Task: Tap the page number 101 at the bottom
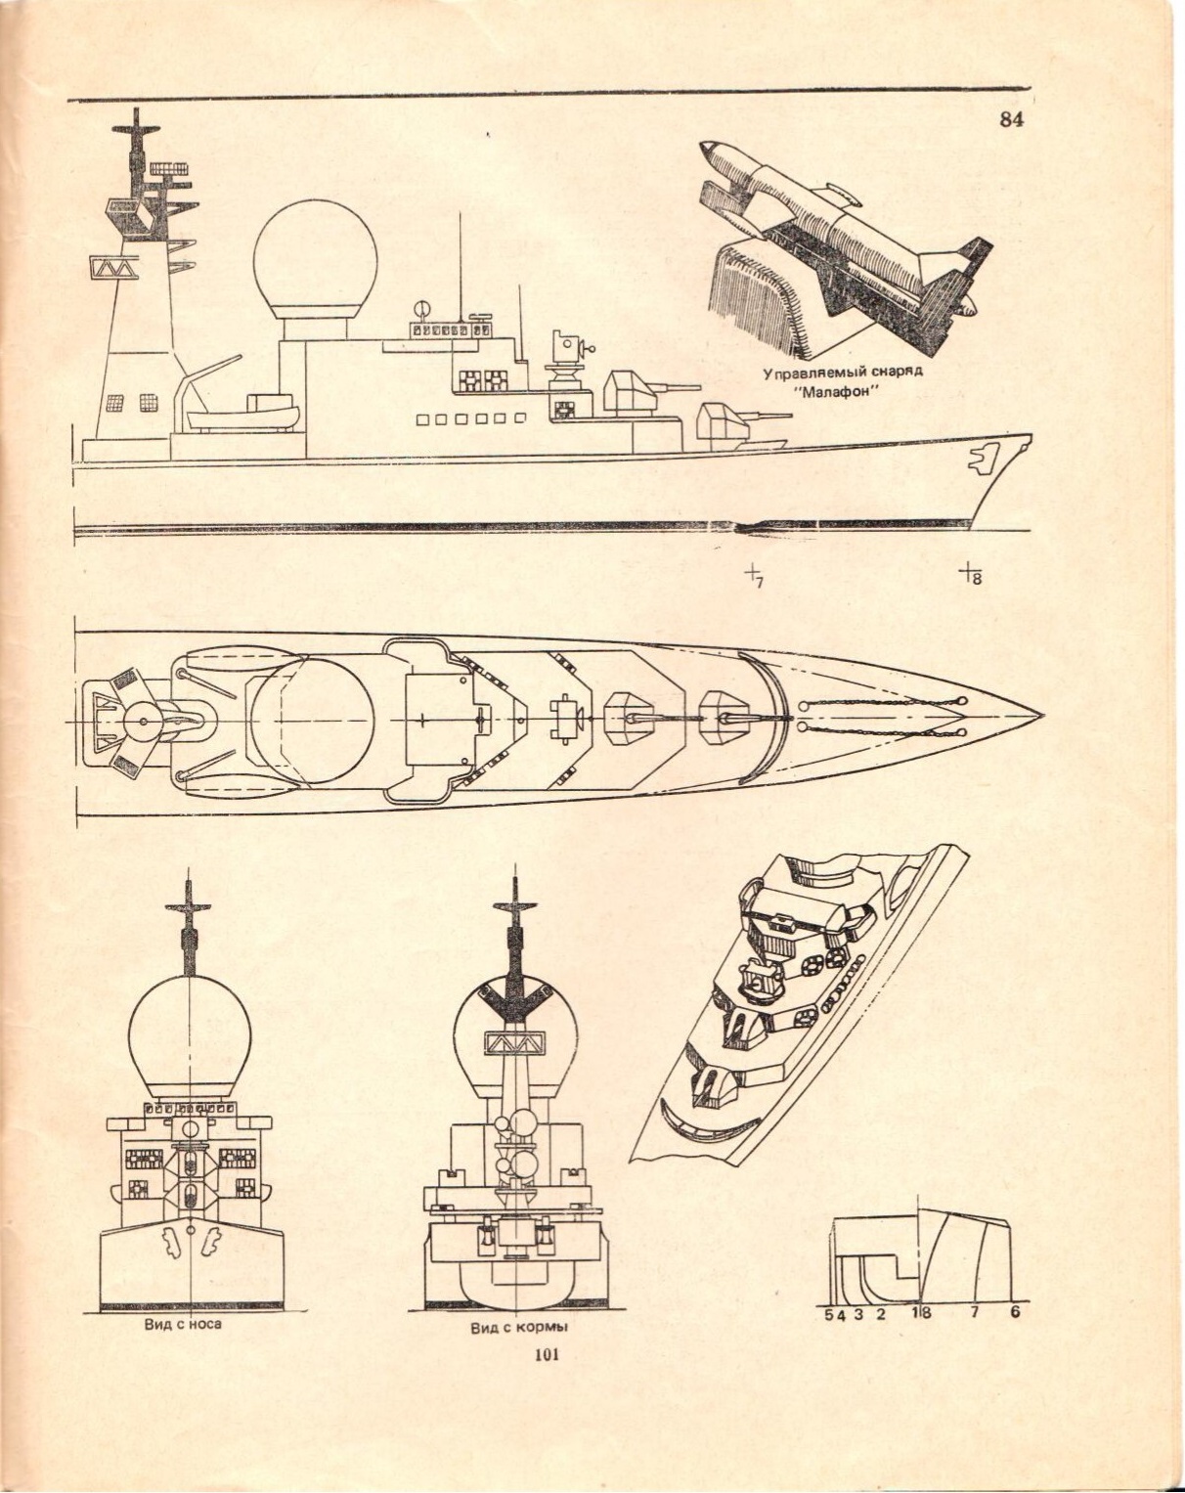546,1354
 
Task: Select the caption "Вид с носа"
183,1324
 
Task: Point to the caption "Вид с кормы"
519,1328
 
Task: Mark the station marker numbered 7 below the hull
754,575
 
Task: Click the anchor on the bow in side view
981,456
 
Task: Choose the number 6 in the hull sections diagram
1015,1312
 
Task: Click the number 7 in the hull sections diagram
974,1312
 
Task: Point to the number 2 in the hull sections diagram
880,1313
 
